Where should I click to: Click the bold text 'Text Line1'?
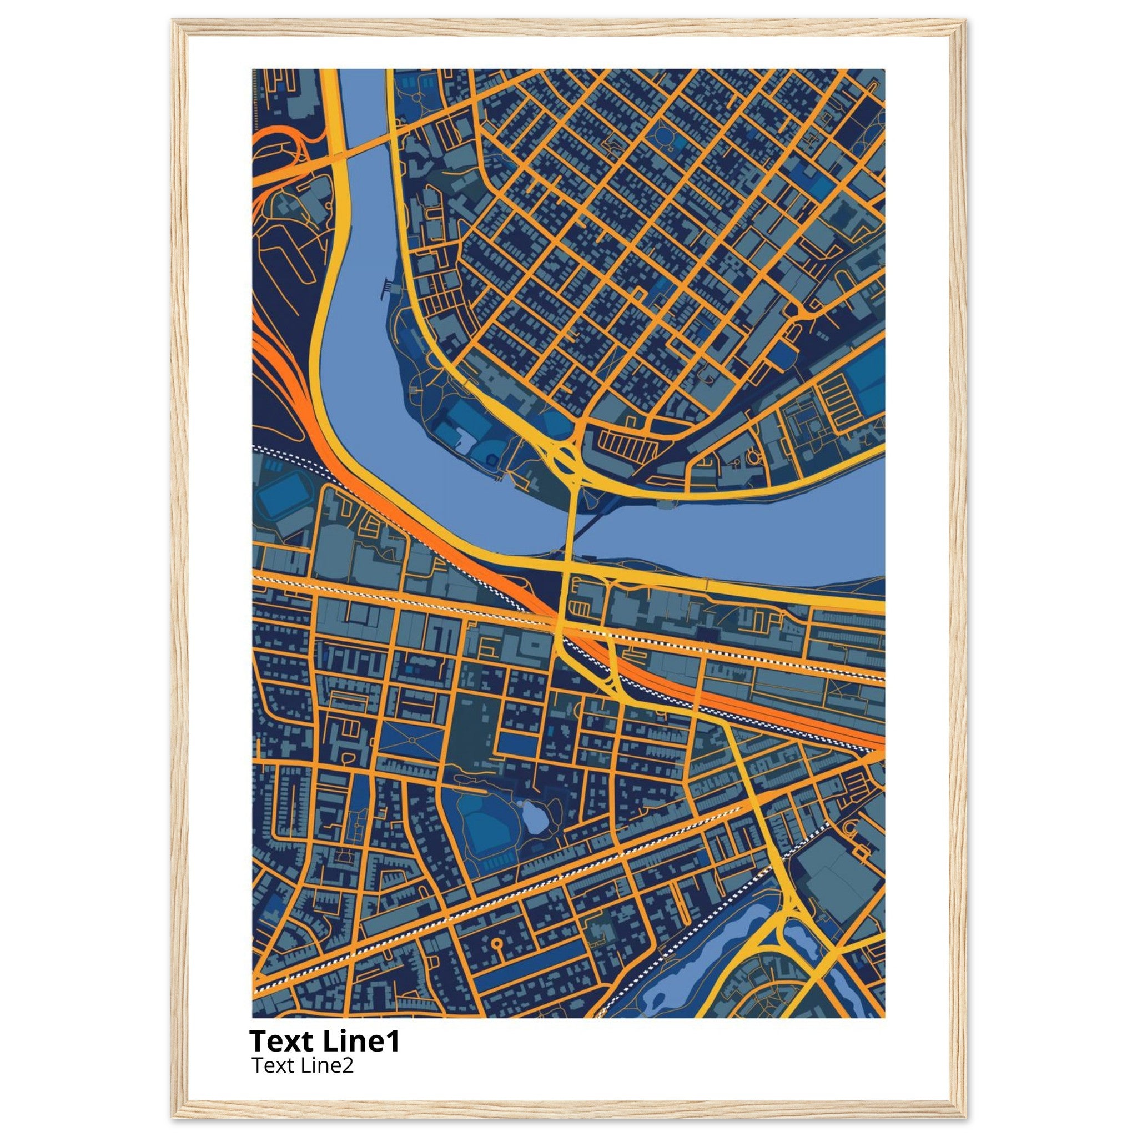tap(324, 1040)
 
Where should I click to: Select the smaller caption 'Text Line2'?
tap(303, 1065)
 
